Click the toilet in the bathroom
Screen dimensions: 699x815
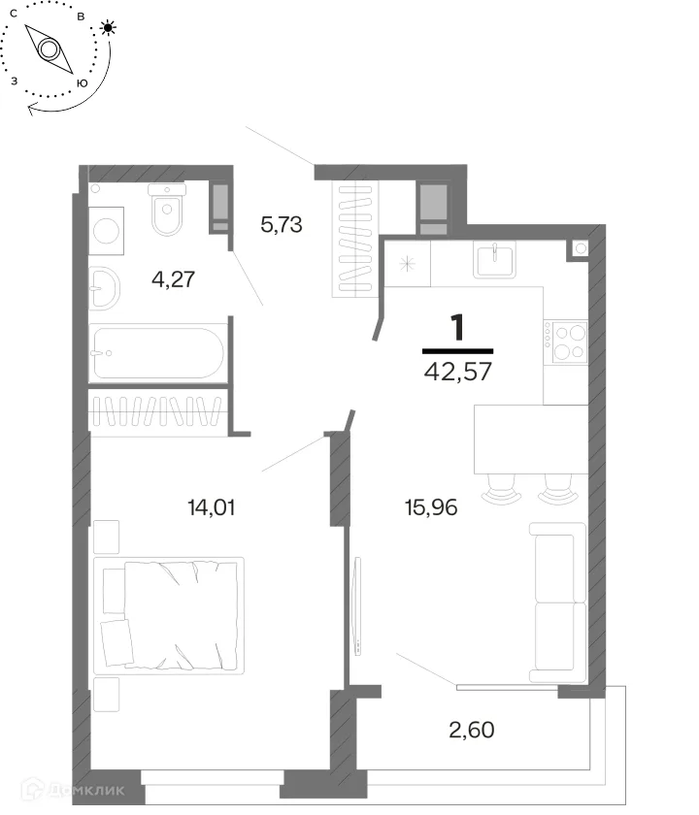[x=167, y=209]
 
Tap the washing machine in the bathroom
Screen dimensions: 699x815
[x=106, y=231]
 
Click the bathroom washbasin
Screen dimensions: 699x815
[x=104, y=288]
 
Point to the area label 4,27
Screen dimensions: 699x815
[x=173, y=279]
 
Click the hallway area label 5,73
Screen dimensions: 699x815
[x=282, y=225]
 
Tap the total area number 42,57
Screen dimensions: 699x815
[x=457, y=372]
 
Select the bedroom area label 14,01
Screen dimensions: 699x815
[x=212, y=507]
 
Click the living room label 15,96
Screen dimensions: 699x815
[x=431, y=507]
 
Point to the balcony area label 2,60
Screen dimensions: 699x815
[x=471, y=730]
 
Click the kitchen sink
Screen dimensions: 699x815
[x=494, y=261]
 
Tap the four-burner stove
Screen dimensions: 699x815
[x=566, y=342]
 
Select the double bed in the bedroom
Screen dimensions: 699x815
[x=169, y=615]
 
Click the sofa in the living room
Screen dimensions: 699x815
[x=558, y=603]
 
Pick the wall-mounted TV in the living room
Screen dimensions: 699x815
[x=357, y=606]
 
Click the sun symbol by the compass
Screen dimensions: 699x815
[x=108, y=27]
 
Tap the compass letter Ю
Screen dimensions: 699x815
[x=82, y=83]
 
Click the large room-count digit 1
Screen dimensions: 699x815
[x=457, y=328]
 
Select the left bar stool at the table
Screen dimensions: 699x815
[x=501, y=490]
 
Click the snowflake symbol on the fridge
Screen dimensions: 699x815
[x=407, y=264]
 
